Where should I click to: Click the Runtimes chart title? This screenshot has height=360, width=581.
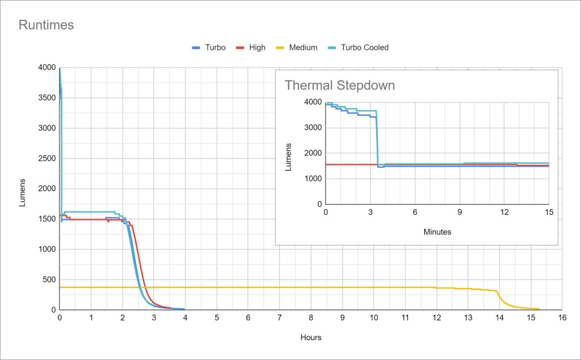(x=47, y=25)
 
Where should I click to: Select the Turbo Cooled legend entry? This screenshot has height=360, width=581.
(x=364, y=48)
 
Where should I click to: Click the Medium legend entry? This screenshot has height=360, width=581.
(x=303, y=48)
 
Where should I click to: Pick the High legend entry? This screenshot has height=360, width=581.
(x=257, y=48)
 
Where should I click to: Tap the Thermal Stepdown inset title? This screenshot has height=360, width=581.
(x=339, y=86)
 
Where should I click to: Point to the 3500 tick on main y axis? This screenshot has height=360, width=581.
(x=47, y=98)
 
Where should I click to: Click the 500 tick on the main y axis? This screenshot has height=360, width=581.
(x=49, y=279)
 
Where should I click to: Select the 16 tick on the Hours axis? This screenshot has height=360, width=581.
(x=561, y=318)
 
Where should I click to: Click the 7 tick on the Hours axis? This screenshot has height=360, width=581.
(x=279, y=318)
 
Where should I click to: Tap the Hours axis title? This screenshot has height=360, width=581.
(x=310, y=337)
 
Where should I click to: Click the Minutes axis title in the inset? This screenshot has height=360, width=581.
(x=437, y=232)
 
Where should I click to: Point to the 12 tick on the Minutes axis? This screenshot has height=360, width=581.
(x=504, y=211)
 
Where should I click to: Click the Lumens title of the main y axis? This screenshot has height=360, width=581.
(x=23, y=193)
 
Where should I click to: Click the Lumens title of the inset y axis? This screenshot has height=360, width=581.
(x=288, y=153)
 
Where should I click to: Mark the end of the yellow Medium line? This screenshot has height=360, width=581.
(x=538, y=309)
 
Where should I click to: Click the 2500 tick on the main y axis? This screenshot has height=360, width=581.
(x=47, y=158)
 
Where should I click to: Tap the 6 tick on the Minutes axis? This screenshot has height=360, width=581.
(x=415, y=211)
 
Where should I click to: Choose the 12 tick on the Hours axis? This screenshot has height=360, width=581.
(x=436, y=318)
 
